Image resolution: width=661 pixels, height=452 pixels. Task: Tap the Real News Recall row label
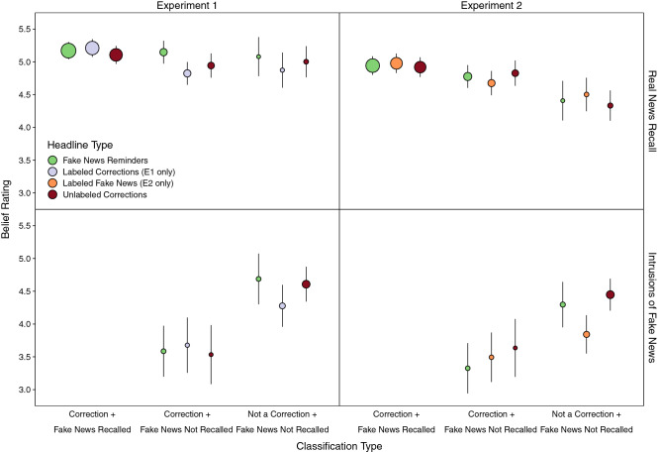648,110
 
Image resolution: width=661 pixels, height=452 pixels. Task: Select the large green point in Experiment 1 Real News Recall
68,51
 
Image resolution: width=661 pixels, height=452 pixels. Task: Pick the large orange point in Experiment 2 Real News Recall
397,63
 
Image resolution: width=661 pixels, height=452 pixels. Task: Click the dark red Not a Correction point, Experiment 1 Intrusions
306,284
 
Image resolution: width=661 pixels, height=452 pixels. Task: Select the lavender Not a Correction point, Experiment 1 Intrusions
282,306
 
